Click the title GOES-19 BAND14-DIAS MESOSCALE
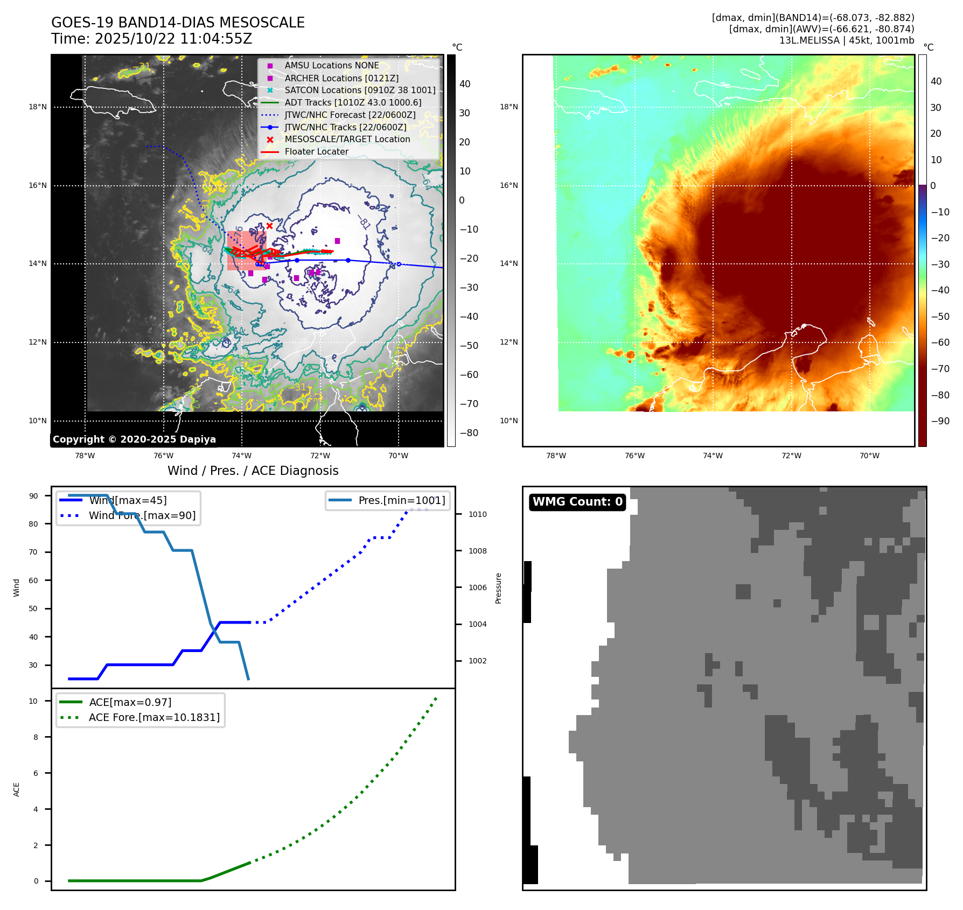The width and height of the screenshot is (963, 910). tap(178, 23)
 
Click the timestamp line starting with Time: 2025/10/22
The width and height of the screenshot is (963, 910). tap(151, 39)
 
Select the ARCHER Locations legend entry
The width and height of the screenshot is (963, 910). tap(341, 78)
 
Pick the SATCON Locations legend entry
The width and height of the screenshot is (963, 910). tap(360, 90)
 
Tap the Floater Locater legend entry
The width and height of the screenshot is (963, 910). tap(316, 152)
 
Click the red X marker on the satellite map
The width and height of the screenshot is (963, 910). tap(269, 226)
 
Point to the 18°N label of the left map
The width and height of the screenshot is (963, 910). tap(38, 107)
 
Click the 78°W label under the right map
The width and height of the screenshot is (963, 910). tap(556, 456)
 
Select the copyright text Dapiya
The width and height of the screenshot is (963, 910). tap(134, 439)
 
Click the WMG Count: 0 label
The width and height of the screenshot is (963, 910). tap(577, 502)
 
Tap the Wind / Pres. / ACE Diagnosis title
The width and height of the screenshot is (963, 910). tap(253, 471)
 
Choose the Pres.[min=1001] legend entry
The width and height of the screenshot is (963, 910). tap(402, 501)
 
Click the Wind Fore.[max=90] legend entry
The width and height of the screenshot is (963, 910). tap(142, 516)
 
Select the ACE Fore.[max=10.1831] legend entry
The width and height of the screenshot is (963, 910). tap(154, 718)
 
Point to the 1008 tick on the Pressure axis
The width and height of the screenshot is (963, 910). tap(477, 551)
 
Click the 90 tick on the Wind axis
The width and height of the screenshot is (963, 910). tap(34, 496)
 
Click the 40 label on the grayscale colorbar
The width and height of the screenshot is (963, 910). tap(465, 84)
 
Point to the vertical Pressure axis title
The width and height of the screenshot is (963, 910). tap(498, 588)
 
